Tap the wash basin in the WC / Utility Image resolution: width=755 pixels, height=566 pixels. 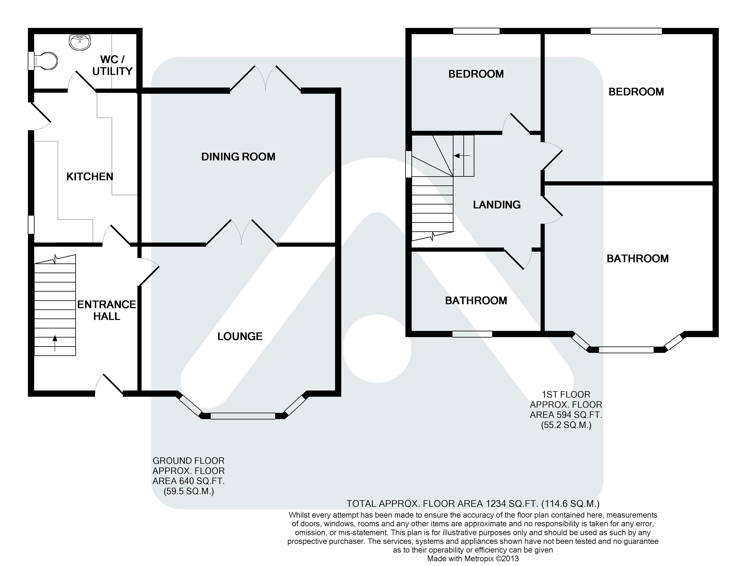click(80, 42)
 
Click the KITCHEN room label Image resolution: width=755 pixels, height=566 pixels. click(90, 177)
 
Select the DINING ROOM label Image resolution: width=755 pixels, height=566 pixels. click(238, 157)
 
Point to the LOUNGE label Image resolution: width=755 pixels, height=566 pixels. click(240, 336)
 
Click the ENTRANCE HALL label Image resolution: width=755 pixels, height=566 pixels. click(107, 310)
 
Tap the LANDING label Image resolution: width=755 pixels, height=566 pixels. click(497, 204)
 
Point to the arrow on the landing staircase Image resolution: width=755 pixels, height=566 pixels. click(462, 156)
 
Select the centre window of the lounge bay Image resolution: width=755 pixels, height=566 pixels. click(243, 416)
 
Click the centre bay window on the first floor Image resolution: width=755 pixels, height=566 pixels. click(626, 350)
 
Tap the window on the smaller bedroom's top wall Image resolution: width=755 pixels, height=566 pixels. click(476, 31)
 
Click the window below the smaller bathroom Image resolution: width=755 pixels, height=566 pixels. click(472, 334)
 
